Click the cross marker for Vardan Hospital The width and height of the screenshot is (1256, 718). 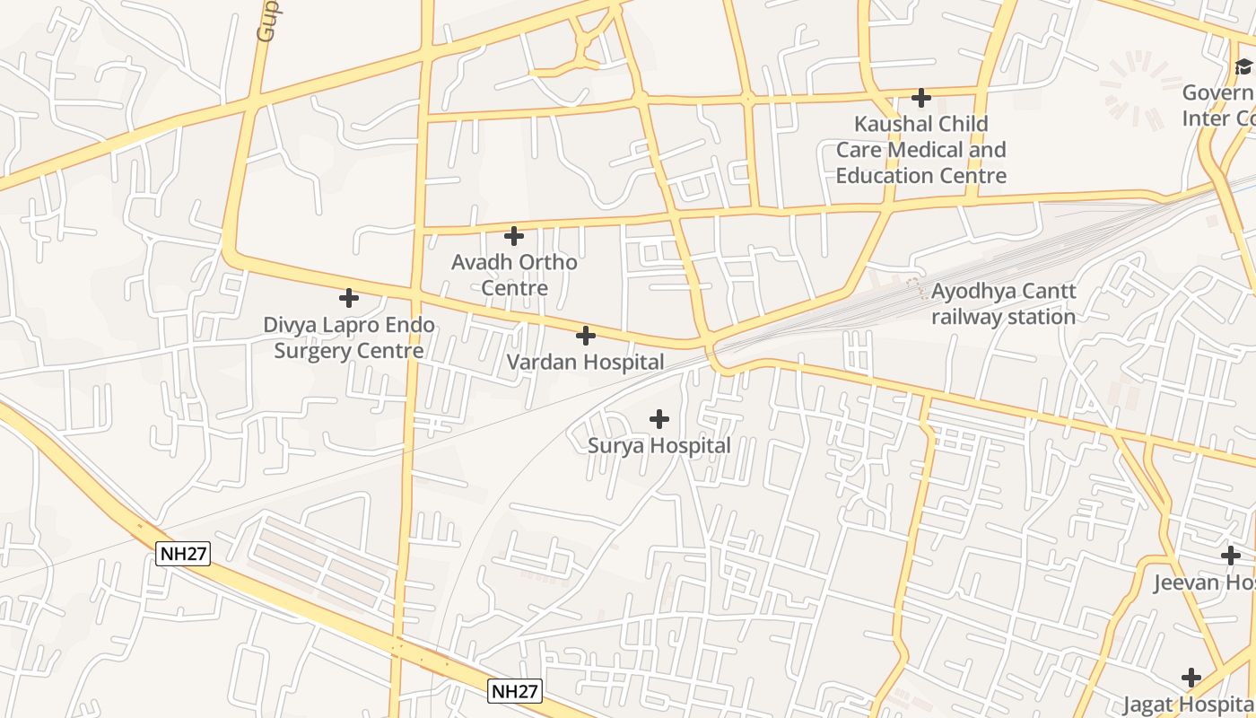pos(585,336)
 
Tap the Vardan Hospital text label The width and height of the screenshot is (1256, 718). pos(585,363)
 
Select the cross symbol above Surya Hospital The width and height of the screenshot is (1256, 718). pos(659,419)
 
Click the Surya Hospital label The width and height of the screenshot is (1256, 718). pos(659,446)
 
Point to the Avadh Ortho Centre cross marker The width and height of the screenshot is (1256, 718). pos(514,236)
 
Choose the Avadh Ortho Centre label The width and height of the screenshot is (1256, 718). pos(514,276)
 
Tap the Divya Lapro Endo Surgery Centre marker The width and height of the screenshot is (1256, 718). pos(349,298)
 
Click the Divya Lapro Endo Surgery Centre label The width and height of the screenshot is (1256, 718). pos(349,337)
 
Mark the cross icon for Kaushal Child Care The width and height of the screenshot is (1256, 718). pos(920,97)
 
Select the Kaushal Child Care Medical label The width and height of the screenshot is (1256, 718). pos(920,150)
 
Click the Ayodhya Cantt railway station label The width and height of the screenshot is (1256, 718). pos(1003,304)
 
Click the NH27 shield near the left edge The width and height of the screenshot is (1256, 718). pos(183,554)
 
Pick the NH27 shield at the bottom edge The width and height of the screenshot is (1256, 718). pos(515,691)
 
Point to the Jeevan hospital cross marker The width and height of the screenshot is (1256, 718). pos(1231,556)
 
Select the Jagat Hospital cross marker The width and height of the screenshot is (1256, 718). pos(1191,677)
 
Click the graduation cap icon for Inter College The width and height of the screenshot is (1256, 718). pos(1243,66)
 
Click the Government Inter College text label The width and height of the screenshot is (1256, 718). pos(1218,106)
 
